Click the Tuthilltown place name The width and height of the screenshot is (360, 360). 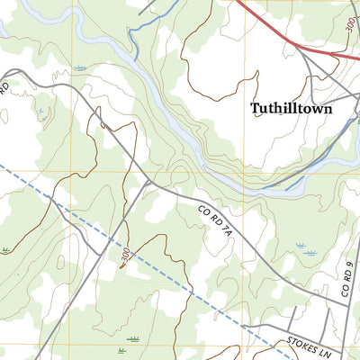291,109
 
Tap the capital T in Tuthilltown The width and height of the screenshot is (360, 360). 255,108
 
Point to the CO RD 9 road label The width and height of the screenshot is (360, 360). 346,280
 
